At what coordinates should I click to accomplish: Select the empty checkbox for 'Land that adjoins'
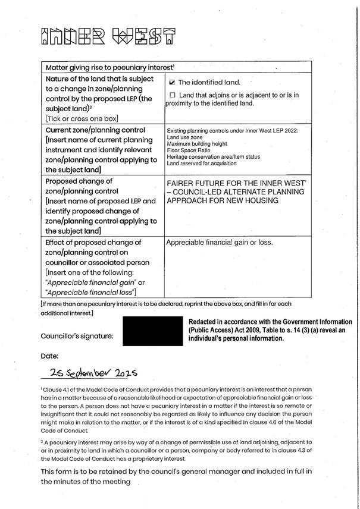(x=173, y=95)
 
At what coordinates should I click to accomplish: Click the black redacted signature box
(x=151, y=332)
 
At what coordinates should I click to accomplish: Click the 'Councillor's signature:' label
(x=77, y=336)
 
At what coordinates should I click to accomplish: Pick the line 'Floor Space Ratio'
(x=187, y=150)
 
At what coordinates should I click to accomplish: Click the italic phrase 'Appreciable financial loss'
(x=90, y=292)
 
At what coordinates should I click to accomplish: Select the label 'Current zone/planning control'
(x=95, y=129)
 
